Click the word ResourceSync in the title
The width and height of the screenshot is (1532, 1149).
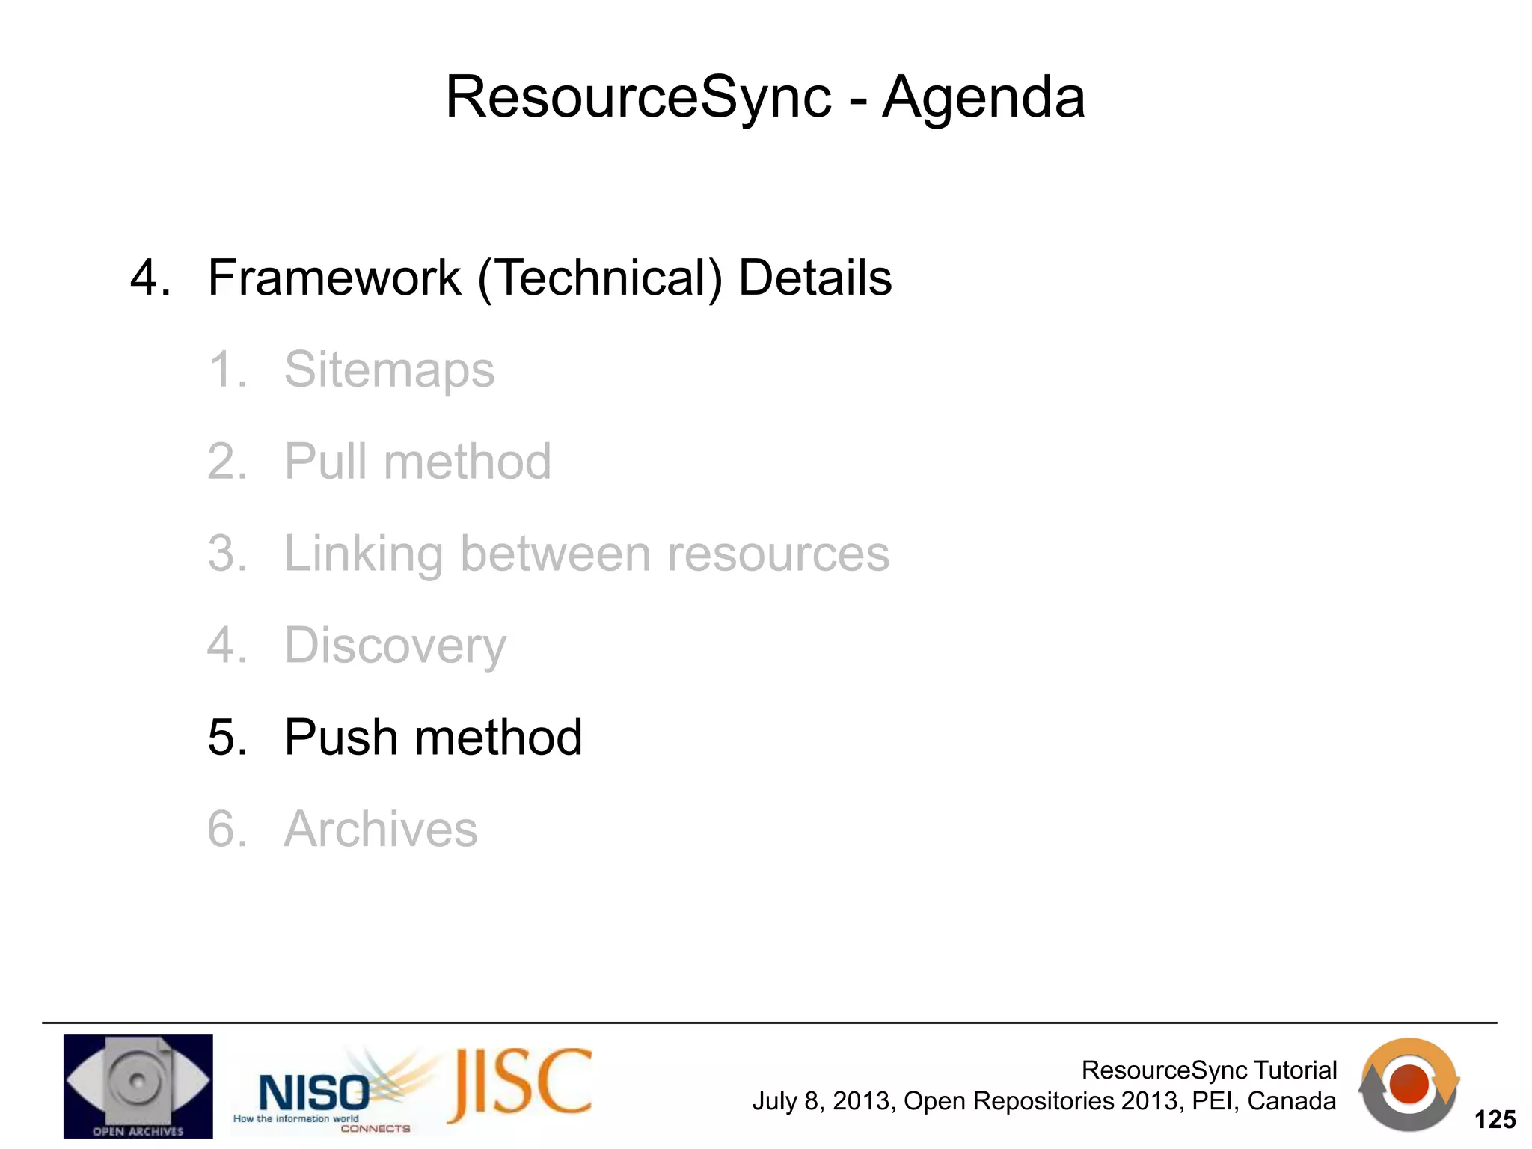click(x=638, y=97)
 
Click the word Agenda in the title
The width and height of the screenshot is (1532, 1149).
click(x=983, y=97)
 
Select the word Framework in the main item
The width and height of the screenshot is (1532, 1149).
click(x=334, y=278)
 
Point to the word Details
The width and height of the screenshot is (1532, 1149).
click(x=815, y=278)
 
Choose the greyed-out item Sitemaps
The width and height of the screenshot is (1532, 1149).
click(x=389, y=370)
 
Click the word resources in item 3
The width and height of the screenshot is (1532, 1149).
click(x=778, y=554)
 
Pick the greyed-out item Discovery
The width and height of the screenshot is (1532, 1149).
click(x=395, y=646)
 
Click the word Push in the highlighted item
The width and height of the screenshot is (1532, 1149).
click(x=341, y=738)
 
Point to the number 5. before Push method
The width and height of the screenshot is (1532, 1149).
click(x=227, y=738)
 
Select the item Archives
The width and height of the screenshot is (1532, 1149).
click(x=380, y=829)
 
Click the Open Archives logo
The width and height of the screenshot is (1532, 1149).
click(x=138, y=1085)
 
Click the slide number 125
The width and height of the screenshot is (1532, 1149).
click(x=1494, y=1120)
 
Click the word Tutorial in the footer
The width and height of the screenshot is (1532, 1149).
click(x=1295, y=1070)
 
